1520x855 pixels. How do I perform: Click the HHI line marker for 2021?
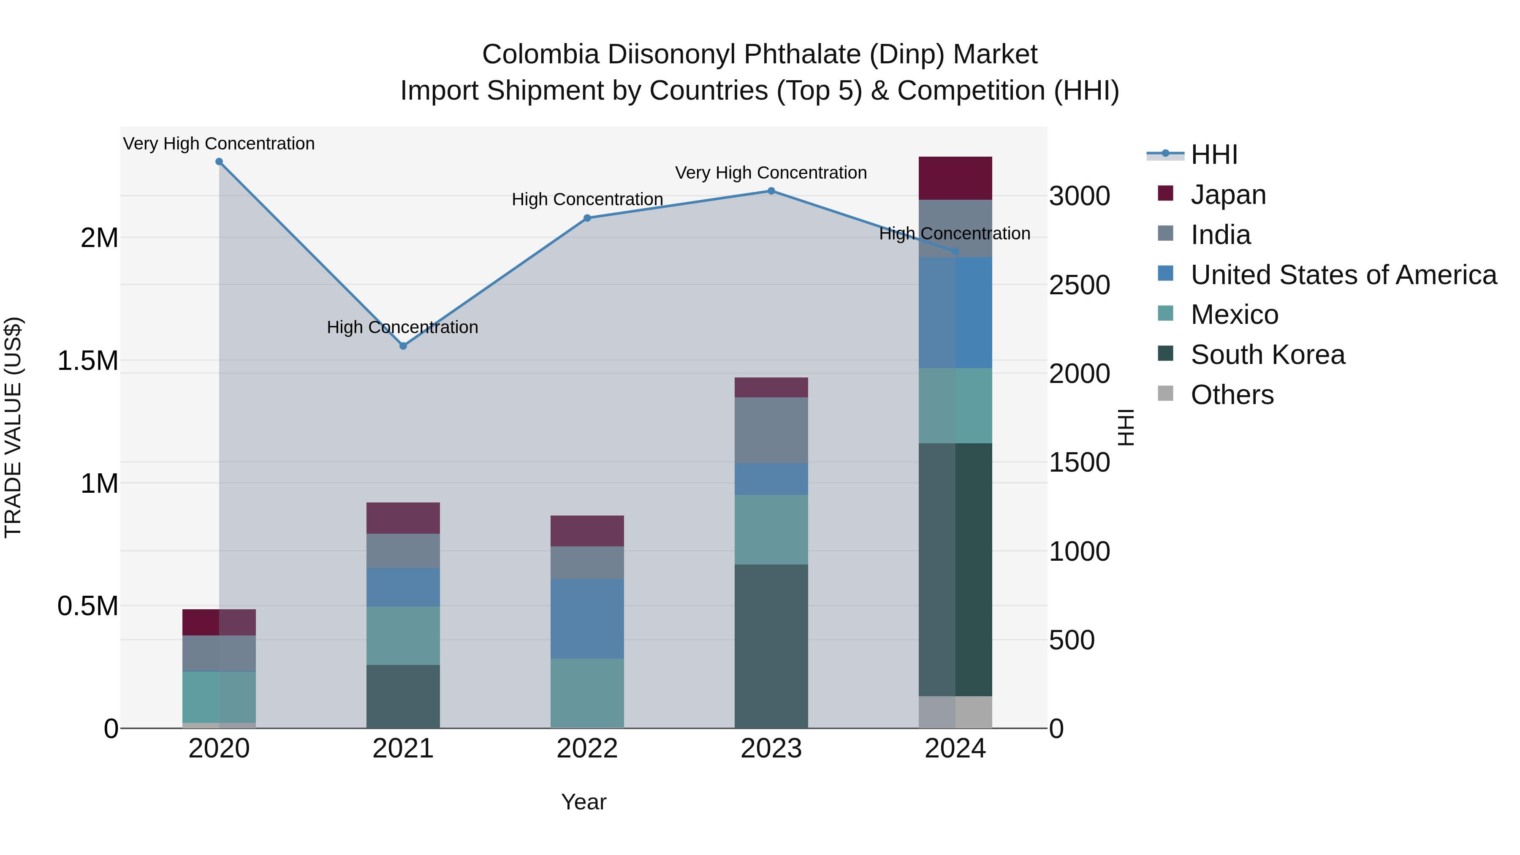pyautogui.click(x=403, y=346)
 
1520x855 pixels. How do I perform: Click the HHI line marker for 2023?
pyautogui.click(x=771, y=190)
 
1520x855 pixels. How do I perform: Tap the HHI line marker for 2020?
pyautogui.click(x=219, y=161)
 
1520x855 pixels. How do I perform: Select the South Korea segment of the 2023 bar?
pyautogui.click(x=771, y=646)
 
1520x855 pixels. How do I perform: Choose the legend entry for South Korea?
pyautogui.click(x=1268, y=355)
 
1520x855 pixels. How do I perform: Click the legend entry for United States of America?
pyautogui.click(x=1343, y=274)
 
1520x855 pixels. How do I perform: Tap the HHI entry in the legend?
pyautogui.click(x=1214, y=155)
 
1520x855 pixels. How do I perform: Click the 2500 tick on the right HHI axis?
pyautogui.click(x=1079, y=285)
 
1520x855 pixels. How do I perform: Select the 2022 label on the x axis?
pyautogui.click(x=587, y=749)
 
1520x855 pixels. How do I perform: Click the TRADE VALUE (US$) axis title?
pyautogui.click(x=13, y=427)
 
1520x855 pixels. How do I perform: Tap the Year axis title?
pyautogui.click(x=584, y=802)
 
